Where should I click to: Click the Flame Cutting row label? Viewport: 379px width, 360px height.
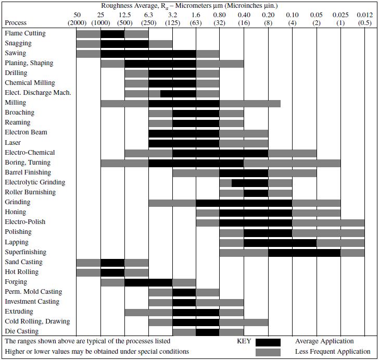pos(25,33)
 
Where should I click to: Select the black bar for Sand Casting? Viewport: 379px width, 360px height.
pos(112,263)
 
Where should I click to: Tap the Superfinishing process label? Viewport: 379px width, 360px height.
pos(26,252)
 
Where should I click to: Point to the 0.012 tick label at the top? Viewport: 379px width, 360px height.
pos(364,15)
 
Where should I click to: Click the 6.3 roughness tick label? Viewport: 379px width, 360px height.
pos(149,15)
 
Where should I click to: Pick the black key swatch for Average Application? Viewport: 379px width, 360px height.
pos(268,342)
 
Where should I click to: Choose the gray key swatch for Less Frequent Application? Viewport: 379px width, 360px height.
pos(268,352)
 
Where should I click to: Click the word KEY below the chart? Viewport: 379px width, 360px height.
pos(244,342)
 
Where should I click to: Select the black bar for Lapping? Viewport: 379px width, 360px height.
pos(280,242)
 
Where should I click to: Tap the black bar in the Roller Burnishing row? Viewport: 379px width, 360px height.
pos(256,193)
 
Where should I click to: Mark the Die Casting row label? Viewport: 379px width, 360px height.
pos(22,331)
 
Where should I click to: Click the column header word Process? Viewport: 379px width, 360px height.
pos(16,23)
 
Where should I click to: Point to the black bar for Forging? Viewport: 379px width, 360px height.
pos(148,282)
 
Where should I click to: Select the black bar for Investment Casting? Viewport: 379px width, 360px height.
pos(184,302)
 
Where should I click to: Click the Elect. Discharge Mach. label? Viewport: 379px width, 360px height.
pos(38,93)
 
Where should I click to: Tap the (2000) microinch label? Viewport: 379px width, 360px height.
pos(77,23)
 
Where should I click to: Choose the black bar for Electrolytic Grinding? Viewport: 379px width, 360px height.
pos(250,183)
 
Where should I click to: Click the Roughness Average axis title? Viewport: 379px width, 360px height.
pos(189,6)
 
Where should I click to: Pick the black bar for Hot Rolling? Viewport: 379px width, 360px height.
pos(112,272)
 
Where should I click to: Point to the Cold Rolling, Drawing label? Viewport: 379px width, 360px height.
pos(37,321)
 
